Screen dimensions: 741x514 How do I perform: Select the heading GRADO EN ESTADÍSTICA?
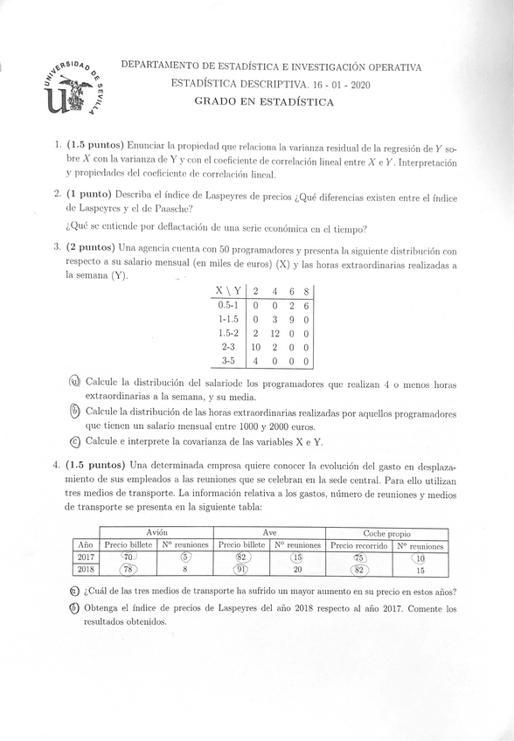pyautogui.click(x=264, y=101)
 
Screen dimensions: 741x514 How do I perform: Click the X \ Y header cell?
pyautogui.click(x=229, y=291)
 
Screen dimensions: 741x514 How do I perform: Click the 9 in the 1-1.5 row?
pyautogui.click(x=291, y=319)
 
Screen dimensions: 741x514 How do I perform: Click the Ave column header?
pyautogui.click(x=269, y=532)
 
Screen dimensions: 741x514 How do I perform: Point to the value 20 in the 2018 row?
pyautogui.click(x=297, y=570)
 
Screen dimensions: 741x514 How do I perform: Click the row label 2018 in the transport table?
pyautogui.click(x=85, y=570)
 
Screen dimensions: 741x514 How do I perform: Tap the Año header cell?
pyautogui.click(x=85, y=544)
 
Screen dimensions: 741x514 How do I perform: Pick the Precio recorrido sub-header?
pyautogui.click(x=358, y=544)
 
